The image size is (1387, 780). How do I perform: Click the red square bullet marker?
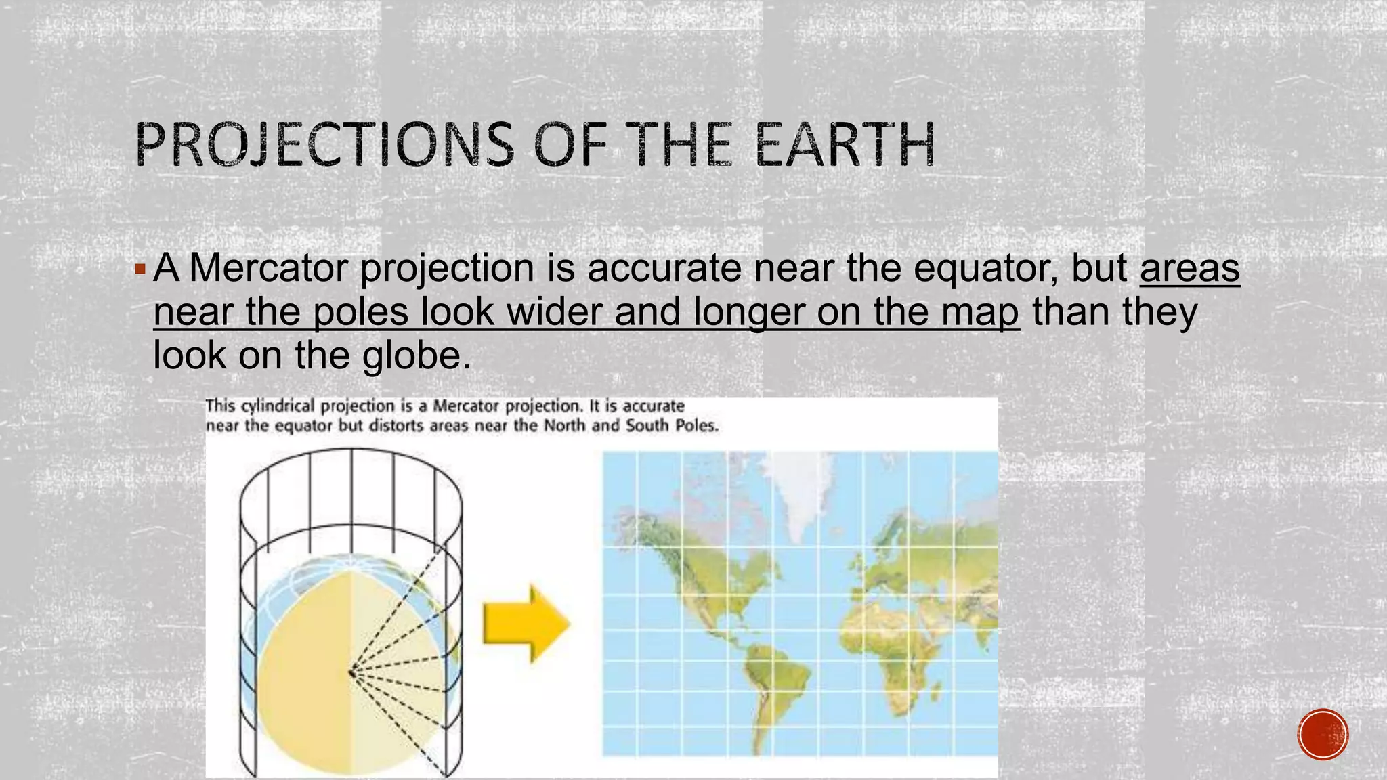click(140, 269)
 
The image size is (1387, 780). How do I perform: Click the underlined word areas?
click(1190, 268)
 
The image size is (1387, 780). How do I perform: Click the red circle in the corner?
click(1323, 734)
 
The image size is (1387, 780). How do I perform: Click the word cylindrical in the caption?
click(278, 406)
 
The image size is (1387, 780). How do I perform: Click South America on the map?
click(772, 684)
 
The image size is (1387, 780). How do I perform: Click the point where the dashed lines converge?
click(351, 672)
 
